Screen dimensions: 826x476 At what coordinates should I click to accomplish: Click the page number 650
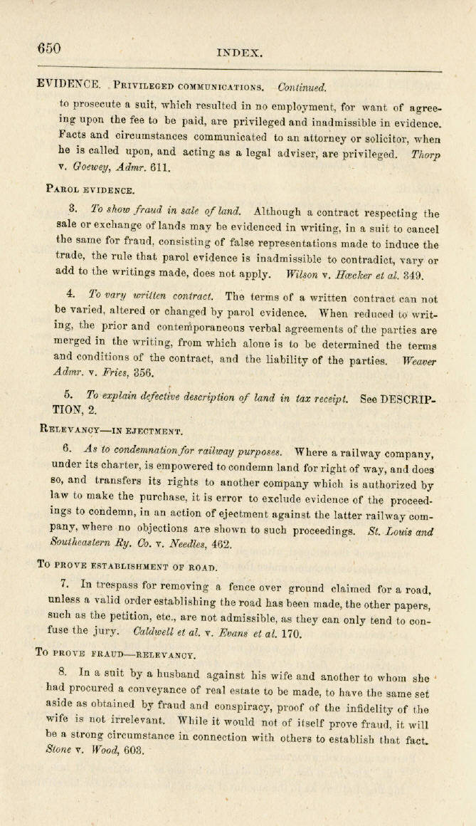point(49,48)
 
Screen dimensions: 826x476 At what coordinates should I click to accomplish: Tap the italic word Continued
point(302,88)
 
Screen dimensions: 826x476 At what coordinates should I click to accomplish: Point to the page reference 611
point(161,168)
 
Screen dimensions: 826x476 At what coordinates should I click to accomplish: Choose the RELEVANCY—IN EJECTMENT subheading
point(112,430)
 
